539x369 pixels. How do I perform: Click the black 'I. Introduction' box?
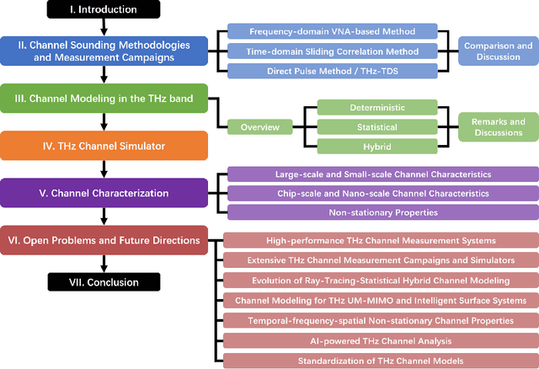(x=104, y=10)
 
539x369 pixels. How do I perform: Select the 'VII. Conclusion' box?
(x=104, y=282)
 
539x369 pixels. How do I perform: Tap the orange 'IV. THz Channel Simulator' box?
(x=104, y=145)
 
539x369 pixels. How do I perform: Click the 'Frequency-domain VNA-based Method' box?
(x=334, y=31)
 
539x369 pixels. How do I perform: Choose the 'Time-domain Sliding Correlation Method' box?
(x=334, y=51)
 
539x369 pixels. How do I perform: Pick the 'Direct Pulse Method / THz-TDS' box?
(x=334, y=70)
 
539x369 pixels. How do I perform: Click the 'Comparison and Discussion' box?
(x=495, y=51)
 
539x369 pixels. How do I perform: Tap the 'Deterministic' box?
(x=376, y=108)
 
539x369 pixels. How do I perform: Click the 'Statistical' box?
(x=376, y=126)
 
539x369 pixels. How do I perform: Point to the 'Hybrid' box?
(x=376, y=146)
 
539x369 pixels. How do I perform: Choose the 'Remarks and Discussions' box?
(x=495, y=126)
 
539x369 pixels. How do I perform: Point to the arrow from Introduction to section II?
(x=104, y=28)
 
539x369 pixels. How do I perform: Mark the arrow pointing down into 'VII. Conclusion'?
(x=104, y=265)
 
